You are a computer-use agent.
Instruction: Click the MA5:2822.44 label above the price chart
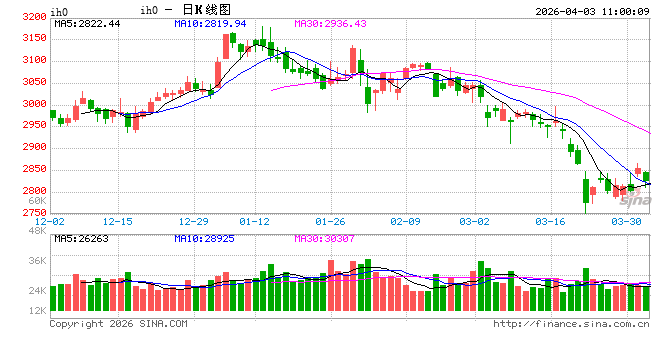click(x=87, y=23)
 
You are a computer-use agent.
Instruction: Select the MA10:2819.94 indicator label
click(x=210, y=23)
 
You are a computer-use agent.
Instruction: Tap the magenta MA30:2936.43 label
click(x=330, y=23)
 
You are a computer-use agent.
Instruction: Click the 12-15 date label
click(x=118, y=221)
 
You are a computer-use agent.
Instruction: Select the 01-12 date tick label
click(x=256, y=221)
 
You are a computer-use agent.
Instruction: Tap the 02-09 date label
click(x=404, y=221)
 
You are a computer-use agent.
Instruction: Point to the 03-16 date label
click(x=552, y=221)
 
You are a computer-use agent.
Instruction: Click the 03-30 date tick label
click(x=626, y=221)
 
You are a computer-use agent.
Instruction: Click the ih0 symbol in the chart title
click(x=148, y=10)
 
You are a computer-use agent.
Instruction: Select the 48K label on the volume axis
click(x=35, y=231)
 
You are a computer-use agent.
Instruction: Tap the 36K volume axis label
click(x=35, y=262)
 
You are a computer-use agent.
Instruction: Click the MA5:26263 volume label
click(x=80, y=239)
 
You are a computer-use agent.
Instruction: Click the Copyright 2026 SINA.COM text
click(x=118, y=323)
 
